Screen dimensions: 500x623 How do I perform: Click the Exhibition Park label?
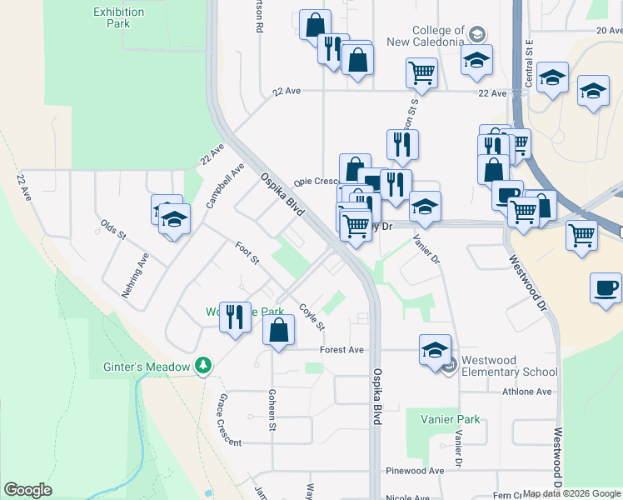click(118, 17)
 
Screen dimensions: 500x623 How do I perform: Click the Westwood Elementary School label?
click(509, 366)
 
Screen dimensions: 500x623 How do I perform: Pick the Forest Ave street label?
click(342, 350)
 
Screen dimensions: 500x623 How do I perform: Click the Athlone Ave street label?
click(526, 391)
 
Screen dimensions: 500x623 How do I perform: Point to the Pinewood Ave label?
click(415, 471)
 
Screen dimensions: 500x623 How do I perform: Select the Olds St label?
click(112, 229)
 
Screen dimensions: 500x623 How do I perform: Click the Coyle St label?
click(311, 316)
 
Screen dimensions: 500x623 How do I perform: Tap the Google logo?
click(27, 490)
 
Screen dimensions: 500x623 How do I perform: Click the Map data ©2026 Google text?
click(571, 493)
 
